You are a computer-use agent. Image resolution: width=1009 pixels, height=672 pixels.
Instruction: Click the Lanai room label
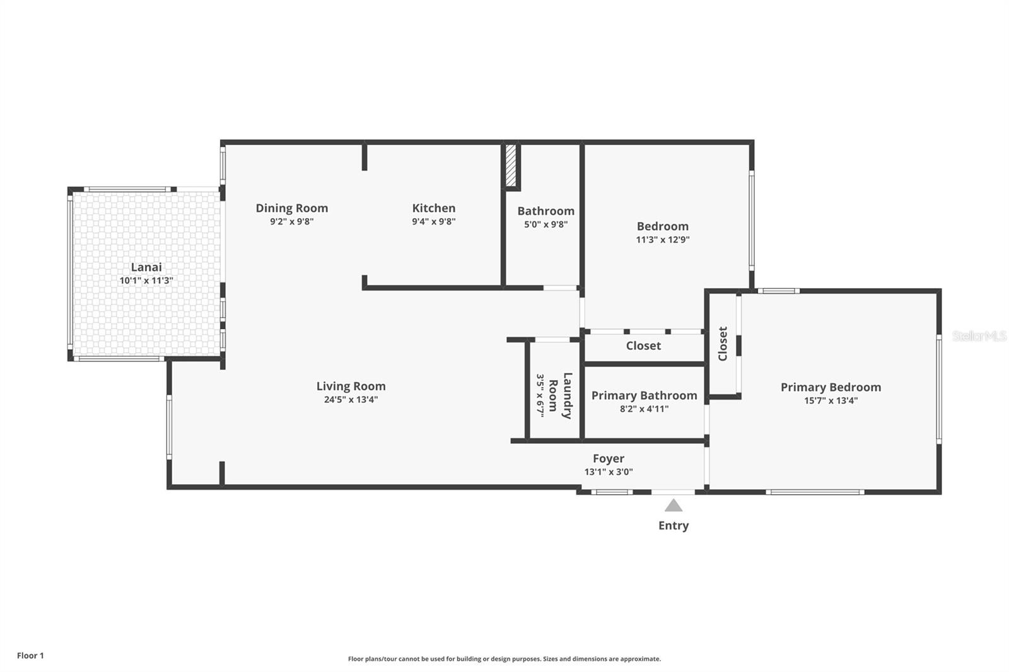tap(146, 267)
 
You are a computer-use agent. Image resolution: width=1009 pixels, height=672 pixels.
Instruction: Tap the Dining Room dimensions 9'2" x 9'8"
tap(292, 222)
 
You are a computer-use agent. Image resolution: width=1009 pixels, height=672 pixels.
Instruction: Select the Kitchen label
tap(434, 208)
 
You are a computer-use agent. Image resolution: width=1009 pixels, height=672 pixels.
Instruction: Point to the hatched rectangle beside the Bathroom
tap(510, 165)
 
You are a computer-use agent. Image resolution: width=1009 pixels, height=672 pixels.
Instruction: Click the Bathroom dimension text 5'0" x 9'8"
tap(546, 224)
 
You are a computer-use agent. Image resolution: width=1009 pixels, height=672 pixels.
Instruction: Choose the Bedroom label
tap(663, 226)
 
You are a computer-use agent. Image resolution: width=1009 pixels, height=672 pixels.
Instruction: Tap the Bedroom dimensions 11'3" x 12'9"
tap(663, 240)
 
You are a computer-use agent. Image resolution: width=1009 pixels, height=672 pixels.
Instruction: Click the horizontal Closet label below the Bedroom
tap(643, 346)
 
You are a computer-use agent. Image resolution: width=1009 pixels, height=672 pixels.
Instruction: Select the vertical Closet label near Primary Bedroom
tap(723, 344)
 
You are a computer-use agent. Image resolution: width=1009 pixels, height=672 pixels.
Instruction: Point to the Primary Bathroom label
tap(644, 395)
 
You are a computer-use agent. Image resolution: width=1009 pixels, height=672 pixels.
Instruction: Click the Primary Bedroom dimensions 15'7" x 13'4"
tap(831, 400)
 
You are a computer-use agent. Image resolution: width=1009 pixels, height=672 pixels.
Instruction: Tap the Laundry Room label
tap(561, 395)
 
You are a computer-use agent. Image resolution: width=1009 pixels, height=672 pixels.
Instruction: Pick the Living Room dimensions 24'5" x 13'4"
tap(351, 400)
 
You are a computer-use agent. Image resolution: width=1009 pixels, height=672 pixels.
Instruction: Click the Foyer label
tap(609, 458)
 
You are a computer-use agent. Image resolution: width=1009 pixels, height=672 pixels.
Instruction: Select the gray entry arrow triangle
tap(674, 506)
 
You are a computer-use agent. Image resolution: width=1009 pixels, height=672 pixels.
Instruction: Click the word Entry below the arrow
tap(674, 526)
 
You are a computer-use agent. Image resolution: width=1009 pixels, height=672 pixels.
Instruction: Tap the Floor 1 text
tap(31, 656)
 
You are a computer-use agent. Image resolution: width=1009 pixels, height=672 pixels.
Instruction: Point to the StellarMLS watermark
tap(979, 336)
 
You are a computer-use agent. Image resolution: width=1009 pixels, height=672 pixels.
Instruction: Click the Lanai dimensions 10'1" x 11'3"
tap(146, 281)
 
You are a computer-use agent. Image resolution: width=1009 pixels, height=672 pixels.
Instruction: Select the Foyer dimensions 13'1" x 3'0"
tap(609, 472)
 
